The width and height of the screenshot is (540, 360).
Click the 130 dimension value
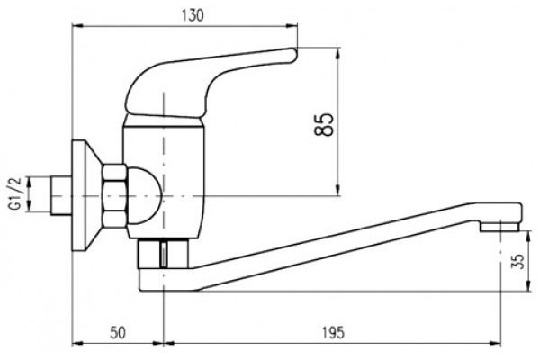click(x=193, y=16)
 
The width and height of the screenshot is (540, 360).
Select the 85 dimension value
click(x=324, y=124)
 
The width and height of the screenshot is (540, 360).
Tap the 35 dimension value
click(x=517, y=261)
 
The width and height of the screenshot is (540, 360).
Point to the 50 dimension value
click(x=118, y=333)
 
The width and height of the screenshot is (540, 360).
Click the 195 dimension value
click(x=333, y=333)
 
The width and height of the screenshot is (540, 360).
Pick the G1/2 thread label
click(x=16, y=193)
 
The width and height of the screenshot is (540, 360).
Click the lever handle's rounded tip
click(x=292, y=56)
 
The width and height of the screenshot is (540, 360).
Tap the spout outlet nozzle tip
click(x=500, y=227)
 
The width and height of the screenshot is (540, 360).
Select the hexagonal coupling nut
click(x=114, y=196)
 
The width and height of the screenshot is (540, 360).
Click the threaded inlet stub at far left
click(x=61, y=196)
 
